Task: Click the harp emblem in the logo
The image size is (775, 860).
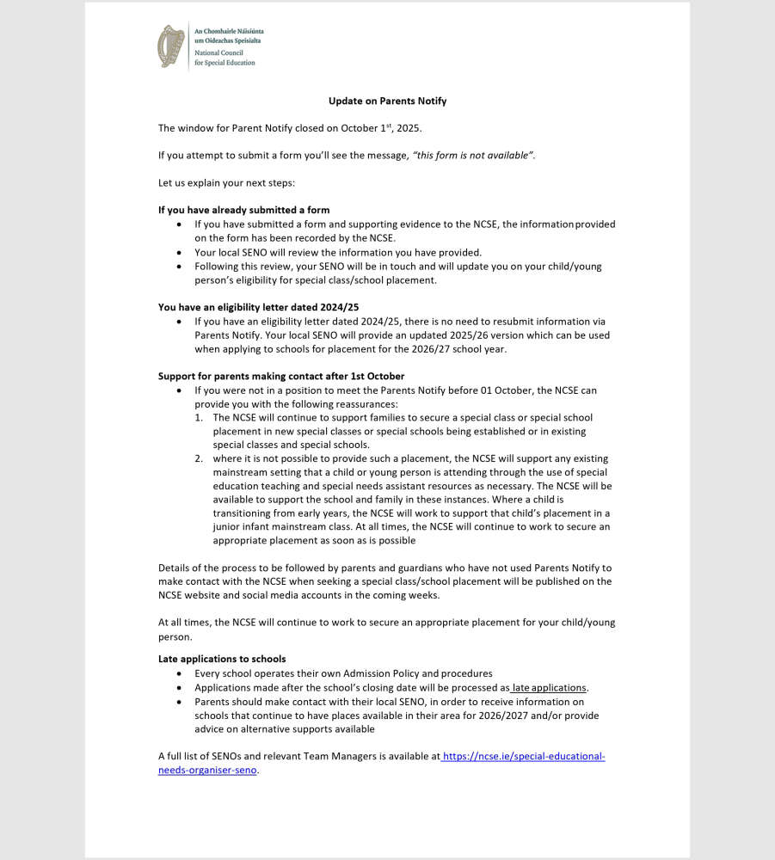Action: coord(171,46)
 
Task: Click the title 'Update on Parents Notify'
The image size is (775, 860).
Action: coord(387,101)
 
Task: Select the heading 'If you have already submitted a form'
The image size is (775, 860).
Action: coord(243,210)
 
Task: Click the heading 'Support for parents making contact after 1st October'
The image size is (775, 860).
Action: coord(281,376)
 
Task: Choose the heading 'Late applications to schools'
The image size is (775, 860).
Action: coord(222,660)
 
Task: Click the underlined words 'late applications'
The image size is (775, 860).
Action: coord(549,688)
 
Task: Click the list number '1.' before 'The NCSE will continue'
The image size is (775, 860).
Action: coord(199,418)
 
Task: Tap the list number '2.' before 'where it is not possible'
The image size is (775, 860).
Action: coord(199,459)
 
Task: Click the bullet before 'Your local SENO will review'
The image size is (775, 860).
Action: coord(178,253)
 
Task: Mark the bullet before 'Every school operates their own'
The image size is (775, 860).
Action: coord(178,674)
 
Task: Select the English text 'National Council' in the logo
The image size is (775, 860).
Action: coord(218,53)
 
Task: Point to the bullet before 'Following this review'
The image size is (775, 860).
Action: coord(178,267)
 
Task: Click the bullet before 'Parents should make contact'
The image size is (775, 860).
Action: coord(178,702)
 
